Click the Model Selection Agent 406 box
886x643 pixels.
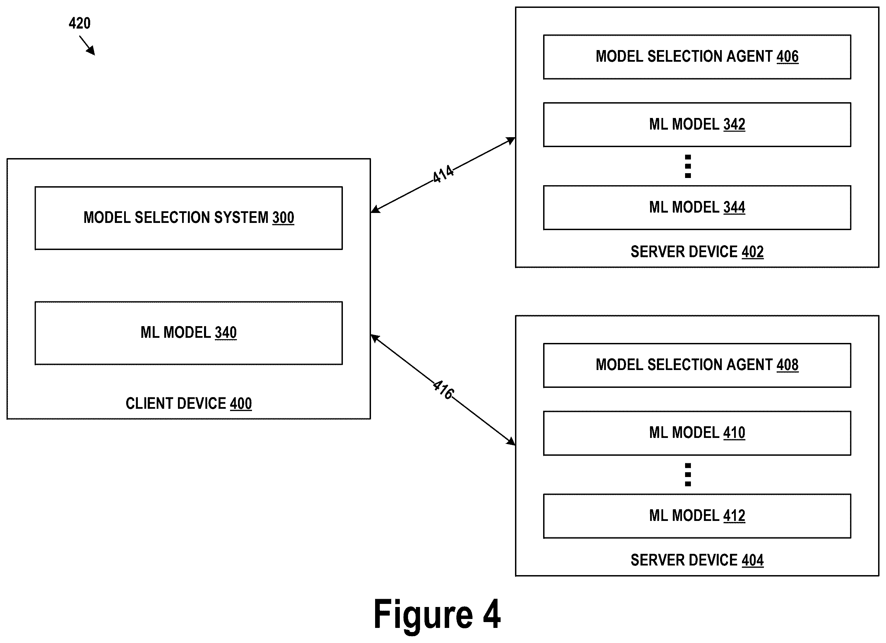click(697, 57)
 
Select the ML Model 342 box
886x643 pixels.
click(697, 124)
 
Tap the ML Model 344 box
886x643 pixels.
click(697, 207)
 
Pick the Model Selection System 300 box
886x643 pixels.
click(189, 218)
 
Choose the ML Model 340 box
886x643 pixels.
click(189, 333)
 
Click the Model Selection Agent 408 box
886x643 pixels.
click(697, 365)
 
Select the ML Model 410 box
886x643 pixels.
click(697, 433)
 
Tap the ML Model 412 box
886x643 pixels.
click(697, 516)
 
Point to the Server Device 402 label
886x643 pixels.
click(697, 252)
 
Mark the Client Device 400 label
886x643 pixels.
click(189, 403)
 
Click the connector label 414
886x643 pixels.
click(443, 174)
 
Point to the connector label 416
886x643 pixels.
click(443, 390)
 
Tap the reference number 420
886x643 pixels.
click(80, 23)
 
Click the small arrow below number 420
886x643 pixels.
click(87, 45)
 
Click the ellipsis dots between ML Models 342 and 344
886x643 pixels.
click(688, 166)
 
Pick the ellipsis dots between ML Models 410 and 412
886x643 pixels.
click(688, 475)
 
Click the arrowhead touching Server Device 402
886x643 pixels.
click(511, 140)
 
